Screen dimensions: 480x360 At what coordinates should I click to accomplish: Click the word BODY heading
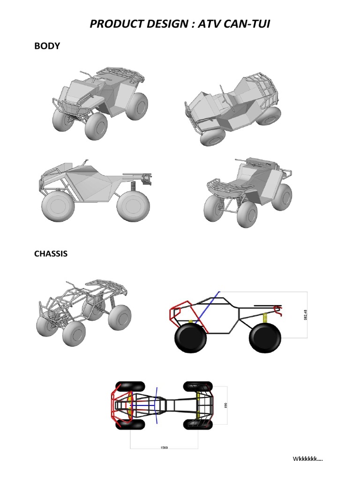click(x=47, y=46)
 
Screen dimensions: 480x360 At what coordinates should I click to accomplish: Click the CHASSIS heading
click(x=51, y=254)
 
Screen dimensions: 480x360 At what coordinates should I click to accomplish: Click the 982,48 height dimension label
click(x=305, y=315)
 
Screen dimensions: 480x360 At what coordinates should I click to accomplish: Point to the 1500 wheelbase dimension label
click(x=164, y=447)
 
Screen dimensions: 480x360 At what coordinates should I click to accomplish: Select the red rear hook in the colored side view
click(x=278, y=309)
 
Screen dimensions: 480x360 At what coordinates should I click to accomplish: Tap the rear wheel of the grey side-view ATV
click(x=134, y=206)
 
